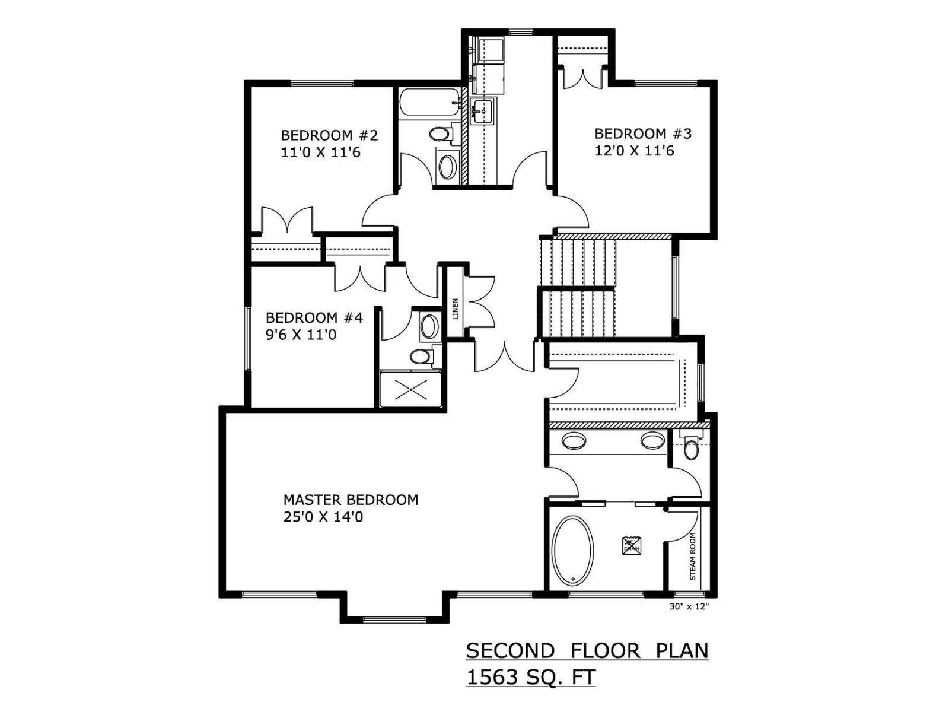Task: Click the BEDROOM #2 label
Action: click(x=329, y=135)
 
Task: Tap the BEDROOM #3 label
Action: click(x=643, y=133)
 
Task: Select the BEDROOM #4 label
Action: click(x=314, y=317)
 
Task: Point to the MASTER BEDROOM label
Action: click(x=351, y=500)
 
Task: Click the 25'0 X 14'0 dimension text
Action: click(x=323, y=517)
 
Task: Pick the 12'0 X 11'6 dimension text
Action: click(x=634, y=151)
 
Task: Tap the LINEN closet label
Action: click(x=455, y=309)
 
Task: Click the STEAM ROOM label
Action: click(x=692, y=556)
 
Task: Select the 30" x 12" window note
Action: click(x=689, y=606)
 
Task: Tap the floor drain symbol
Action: click(x=632, y=545)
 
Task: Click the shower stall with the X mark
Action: click(x=410, y=389)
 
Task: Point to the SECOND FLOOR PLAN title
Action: click(x=587, y=651)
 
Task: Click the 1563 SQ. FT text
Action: click(x=531, y=677)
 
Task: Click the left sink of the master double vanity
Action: click(x=574, y=441)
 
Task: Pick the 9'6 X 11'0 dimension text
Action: click(x=301, y=335)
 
